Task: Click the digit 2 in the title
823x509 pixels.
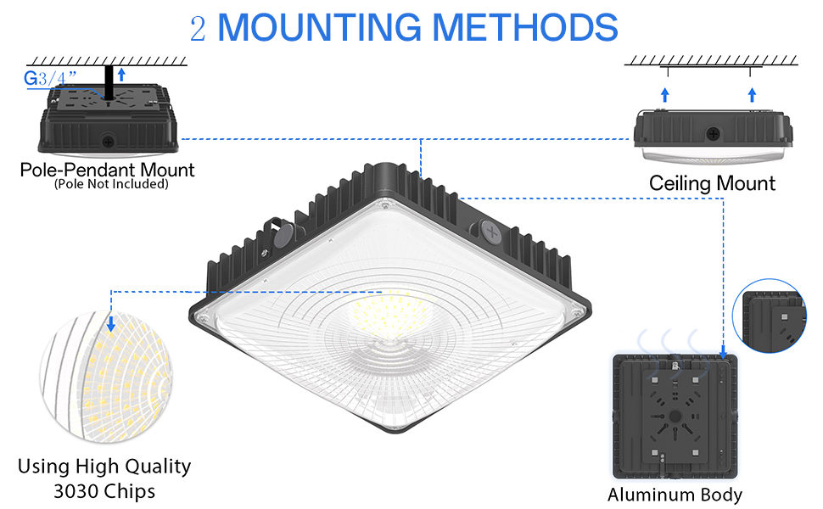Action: [198, 28]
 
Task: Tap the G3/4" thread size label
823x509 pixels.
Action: [48, 79]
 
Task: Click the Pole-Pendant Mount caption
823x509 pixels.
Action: [107, 170]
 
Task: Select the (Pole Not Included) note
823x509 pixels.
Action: [110, 184]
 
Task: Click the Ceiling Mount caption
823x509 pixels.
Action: [712, 182]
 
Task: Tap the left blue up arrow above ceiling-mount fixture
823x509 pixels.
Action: [665, 92]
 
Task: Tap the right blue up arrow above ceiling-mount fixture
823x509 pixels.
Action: [752, 92]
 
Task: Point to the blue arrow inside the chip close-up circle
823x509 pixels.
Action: [111, 322]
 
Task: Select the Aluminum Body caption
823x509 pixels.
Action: [675, 495]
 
